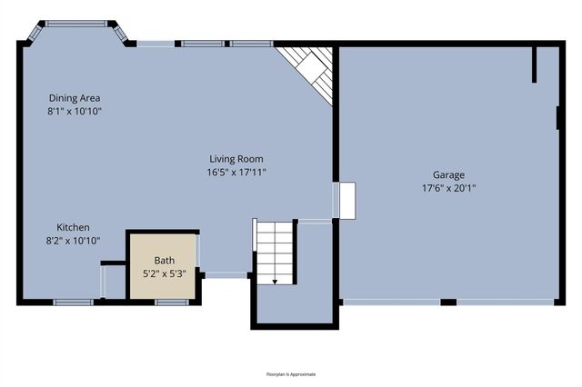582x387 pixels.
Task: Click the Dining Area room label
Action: coord(75,97)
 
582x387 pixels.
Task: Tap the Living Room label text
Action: coord(237,159)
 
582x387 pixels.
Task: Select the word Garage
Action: coord(449,174)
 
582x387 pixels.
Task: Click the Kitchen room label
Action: coord(74,227)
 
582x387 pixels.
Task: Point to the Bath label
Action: coord(164,260)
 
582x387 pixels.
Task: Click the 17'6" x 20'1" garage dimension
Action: coord(449,188)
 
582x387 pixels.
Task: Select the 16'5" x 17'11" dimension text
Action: coord(237,173)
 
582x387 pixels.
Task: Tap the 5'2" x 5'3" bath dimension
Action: coord(164,273)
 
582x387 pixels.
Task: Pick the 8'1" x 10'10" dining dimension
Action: coord(75,111)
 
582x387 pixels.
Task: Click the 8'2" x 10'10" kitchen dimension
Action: coord(74,241)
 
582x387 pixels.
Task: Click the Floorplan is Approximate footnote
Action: coord(291,373)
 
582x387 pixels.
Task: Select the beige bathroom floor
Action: coord(162,283)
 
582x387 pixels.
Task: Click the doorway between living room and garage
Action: coord(346,201)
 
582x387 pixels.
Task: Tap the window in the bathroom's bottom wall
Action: coord(171,302)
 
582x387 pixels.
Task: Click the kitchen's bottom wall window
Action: coord(67,302)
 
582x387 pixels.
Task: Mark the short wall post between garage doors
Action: coord(448,302)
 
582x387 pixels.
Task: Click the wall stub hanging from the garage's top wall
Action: coord(535,64)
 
